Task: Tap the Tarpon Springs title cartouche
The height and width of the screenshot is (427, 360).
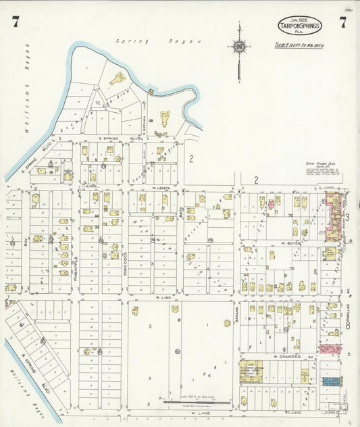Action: click(299, 26)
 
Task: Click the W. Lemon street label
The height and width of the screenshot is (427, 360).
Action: click(161, 187)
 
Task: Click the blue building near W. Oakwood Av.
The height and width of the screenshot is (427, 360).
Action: click(331, 381)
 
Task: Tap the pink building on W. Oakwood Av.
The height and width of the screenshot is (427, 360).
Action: click(330, 349)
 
